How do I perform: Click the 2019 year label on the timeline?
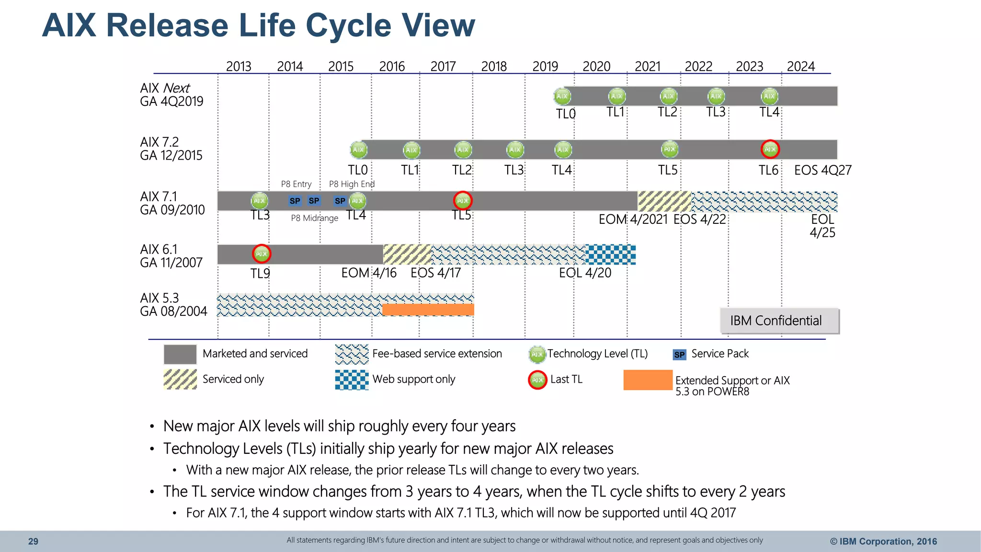tap(545, 66)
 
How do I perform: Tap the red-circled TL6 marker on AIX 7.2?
tap(770, 149)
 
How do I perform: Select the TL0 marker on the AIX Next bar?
tap(562, 96)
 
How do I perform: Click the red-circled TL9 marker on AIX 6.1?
tap(262, 254)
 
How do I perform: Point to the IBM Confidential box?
tap(779, 321)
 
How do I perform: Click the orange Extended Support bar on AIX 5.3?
tap(428, 310)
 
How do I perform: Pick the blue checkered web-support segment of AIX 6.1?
tap(611, 254)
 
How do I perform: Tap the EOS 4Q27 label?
tap(822, 170)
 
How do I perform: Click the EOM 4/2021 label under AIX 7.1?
tap(633, 219)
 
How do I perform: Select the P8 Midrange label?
tap(314, 218)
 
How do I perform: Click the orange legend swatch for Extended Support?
tap(648, 380)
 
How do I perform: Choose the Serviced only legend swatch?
tap(180, 379)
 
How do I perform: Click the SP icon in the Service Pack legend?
tap(679, 355)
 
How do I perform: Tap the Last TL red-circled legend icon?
tap(537, 380)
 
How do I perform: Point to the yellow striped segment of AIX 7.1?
tap(664, 201)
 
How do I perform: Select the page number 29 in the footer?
tap(33, 541)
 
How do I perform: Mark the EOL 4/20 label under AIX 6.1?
tap(585, 273)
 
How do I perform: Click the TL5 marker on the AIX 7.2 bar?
tap(669, 149)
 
